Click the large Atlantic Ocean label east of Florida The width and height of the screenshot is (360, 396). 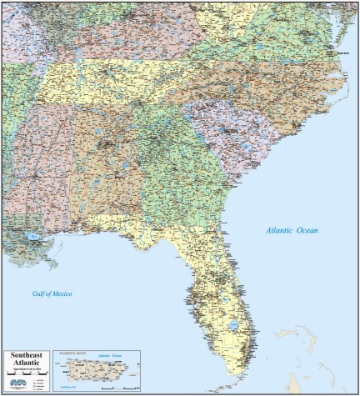pyautogui.click(x=292, y=230)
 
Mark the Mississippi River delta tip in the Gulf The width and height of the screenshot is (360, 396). pyautogui.click(x=50, y=264)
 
